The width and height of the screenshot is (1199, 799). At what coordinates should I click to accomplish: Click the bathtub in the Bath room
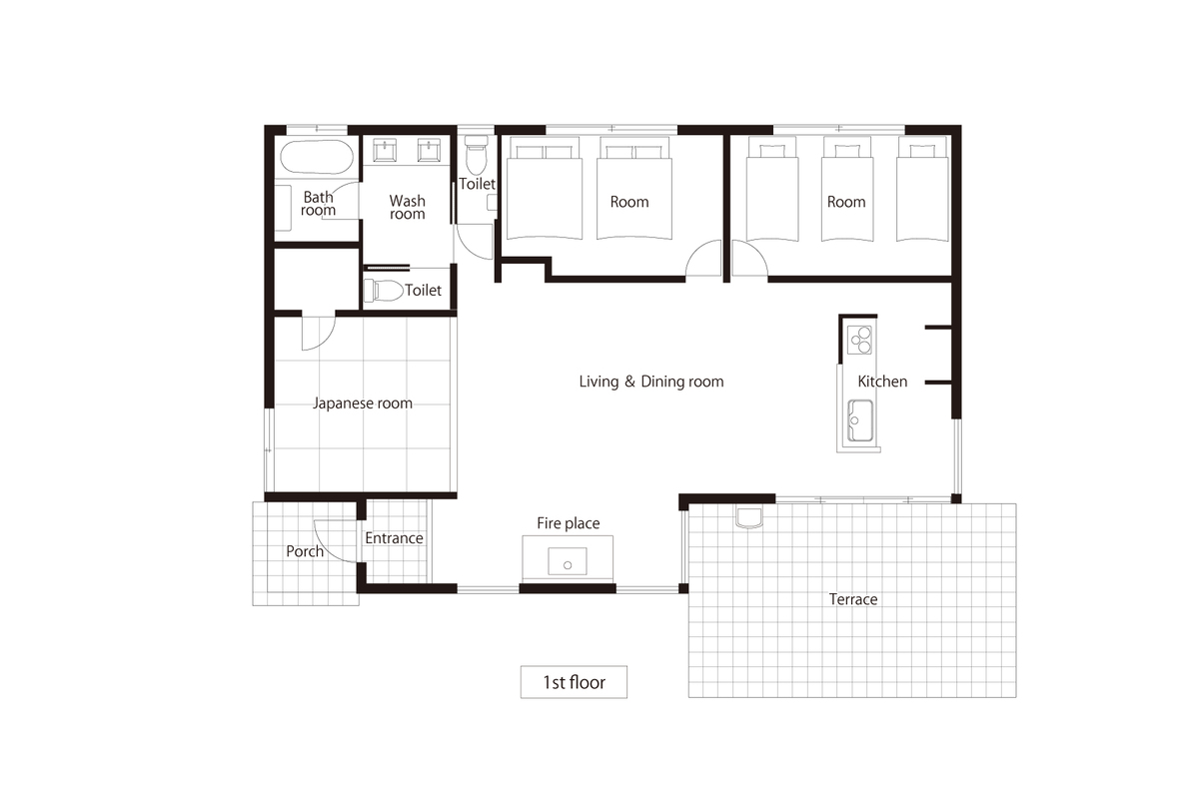(x=317, y=157)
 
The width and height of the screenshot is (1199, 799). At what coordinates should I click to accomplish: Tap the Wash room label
(x=408, y=207)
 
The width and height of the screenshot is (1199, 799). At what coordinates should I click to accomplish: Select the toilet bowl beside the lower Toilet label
(x=384, y=291)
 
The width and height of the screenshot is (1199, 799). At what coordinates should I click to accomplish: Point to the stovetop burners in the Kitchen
(x=860, y=340)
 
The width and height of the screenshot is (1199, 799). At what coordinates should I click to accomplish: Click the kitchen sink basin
(x=860, y=420)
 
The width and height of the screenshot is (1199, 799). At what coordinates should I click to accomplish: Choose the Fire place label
(x=568, y=523)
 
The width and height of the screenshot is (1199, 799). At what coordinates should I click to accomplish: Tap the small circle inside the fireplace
(x=568, y=565)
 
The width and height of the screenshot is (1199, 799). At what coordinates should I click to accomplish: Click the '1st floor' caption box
(x=574, y=682)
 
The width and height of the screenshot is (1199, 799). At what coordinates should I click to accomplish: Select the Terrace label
(x=852, y=599)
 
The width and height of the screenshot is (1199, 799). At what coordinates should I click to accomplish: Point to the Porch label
(x=305, y=551)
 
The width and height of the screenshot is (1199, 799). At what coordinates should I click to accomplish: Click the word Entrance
(x=394, y=538)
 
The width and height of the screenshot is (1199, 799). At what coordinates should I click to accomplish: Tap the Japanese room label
(x=363, y=402)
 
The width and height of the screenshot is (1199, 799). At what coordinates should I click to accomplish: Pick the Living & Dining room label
(x=650, y=382)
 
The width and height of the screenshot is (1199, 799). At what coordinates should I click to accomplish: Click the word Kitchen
(x=882, y=382)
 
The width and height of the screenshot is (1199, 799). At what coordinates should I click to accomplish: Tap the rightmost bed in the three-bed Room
(x=923, y=189)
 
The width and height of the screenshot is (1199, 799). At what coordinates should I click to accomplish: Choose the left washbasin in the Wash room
(x=385, y=150)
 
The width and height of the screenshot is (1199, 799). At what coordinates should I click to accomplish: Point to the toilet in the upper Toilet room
(x=476, y=155)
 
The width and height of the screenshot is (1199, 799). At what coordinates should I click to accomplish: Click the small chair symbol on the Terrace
(x=748, y=518)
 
